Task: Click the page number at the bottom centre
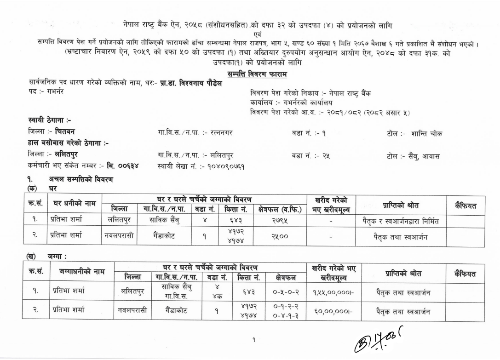point(254,340)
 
